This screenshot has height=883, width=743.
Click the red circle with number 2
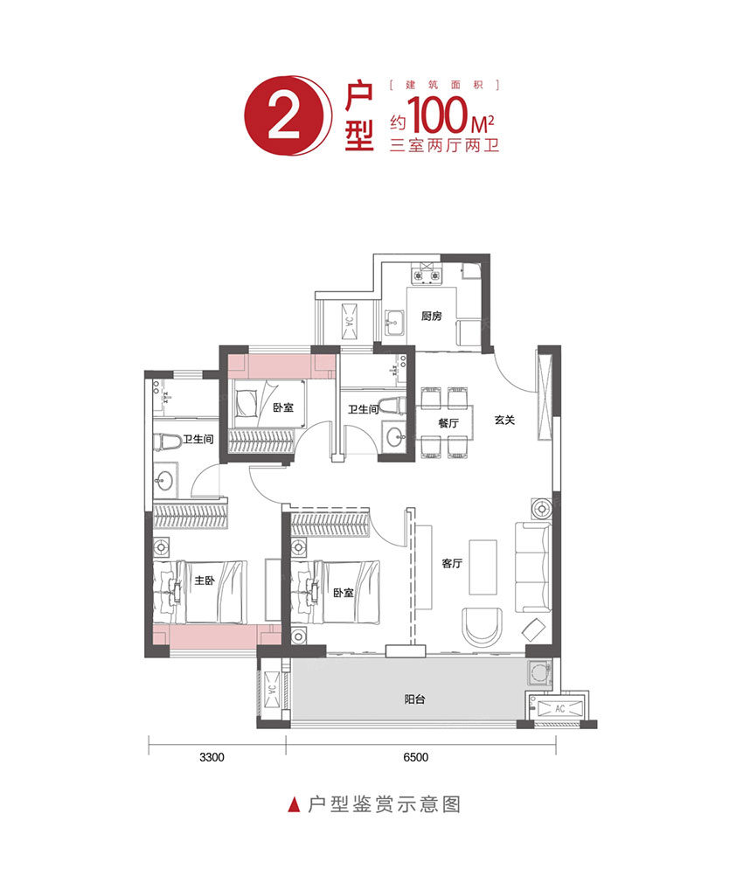tap(282, 122)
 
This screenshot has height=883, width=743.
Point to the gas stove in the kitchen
tap(427, 275)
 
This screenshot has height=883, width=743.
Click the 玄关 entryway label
tap(504, 420)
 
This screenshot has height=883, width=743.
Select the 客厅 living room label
tap(451, 564)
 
